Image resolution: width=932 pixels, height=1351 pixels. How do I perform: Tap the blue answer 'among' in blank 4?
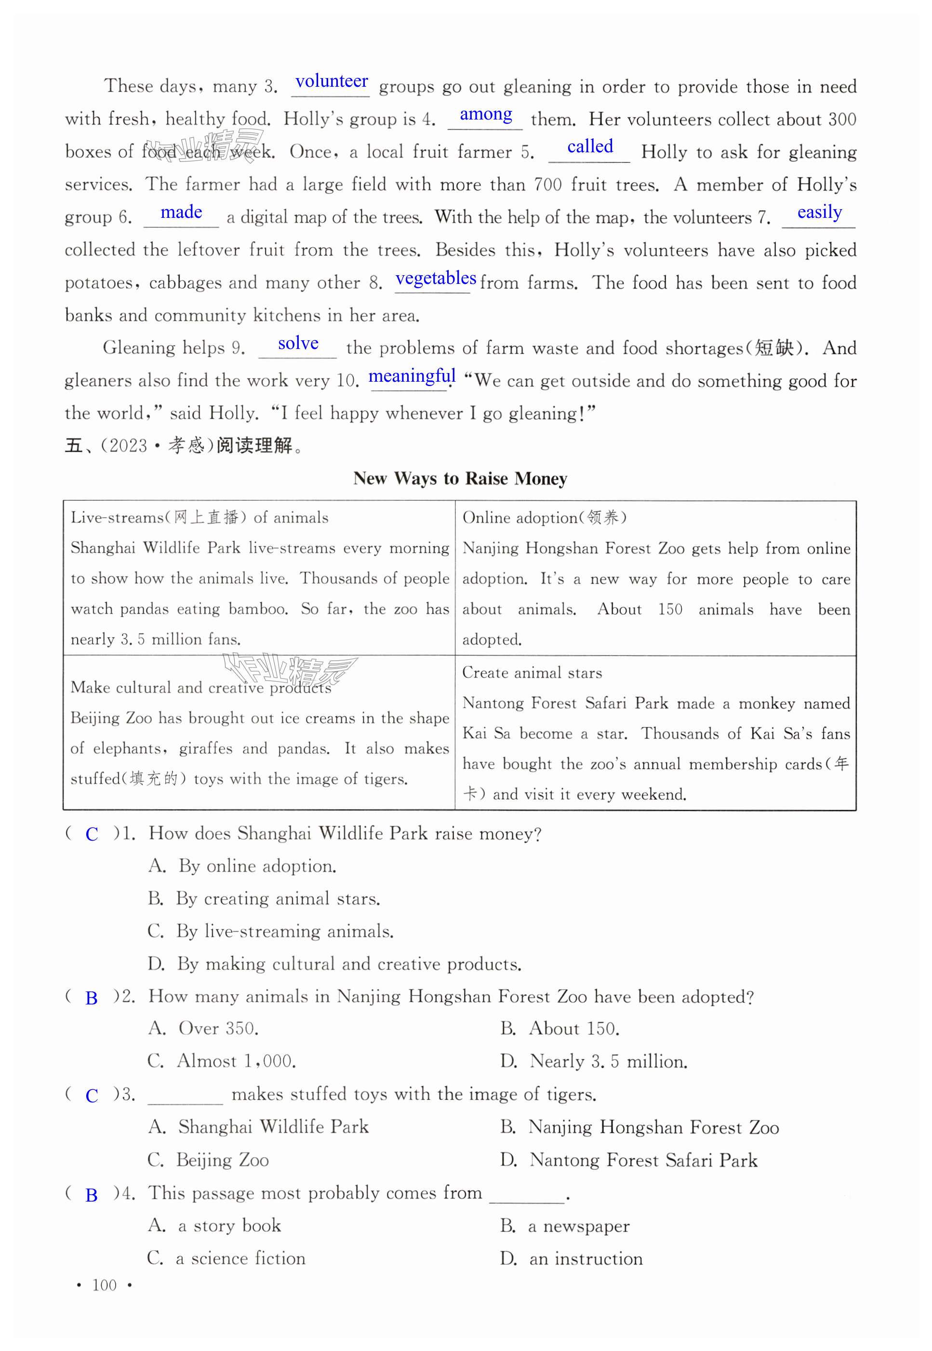point(486,115)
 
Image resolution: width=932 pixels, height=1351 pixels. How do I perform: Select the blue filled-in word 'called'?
point(590,147)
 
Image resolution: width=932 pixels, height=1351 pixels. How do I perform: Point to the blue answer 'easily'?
point(819,212)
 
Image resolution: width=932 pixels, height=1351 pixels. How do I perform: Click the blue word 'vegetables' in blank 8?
point(436,278)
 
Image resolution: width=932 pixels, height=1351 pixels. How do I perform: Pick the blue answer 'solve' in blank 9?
point(298,344)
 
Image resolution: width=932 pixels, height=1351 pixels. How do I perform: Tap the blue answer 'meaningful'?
point(412,376)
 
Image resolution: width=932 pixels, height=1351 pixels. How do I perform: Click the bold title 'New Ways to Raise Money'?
point(460,479)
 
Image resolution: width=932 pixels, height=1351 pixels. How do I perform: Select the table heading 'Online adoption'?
point(544,518)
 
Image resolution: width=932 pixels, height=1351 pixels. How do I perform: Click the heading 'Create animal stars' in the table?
point(532,673)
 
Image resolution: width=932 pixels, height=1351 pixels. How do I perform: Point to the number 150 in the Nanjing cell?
point(670,610)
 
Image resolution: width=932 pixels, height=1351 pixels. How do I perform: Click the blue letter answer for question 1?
point(92,835)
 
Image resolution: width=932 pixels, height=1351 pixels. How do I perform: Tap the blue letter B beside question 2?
point(92,998)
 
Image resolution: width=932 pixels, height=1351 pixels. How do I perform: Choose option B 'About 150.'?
point(560,1029)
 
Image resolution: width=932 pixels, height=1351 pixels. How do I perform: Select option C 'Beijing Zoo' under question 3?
point(209,1160)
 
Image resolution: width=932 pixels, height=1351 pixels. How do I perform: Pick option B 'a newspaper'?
point(565,1225)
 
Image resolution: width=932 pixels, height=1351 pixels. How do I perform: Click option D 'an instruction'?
point(571,1258)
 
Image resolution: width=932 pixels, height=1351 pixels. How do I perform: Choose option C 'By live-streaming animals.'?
point(270,931)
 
